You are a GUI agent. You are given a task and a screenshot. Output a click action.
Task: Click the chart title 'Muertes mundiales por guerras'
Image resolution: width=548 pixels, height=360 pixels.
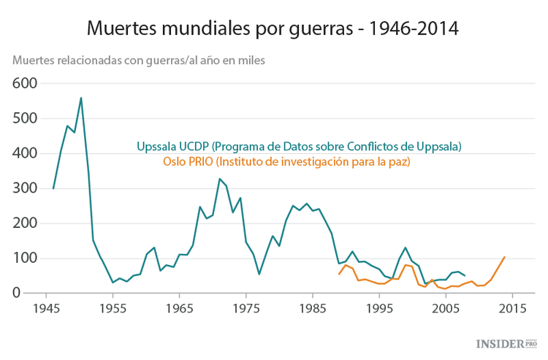coord(273,29)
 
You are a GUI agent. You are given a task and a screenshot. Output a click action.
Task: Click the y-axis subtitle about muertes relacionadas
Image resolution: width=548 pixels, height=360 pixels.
coord(139,60)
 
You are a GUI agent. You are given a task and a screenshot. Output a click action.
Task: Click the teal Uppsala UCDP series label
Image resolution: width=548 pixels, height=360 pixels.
coord(299,146)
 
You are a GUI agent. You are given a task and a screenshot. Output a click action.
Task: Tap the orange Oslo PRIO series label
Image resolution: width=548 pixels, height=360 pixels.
coord(286,161)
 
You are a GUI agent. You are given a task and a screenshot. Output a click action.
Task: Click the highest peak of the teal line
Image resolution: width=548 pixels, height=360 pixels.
coord(80,98)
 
